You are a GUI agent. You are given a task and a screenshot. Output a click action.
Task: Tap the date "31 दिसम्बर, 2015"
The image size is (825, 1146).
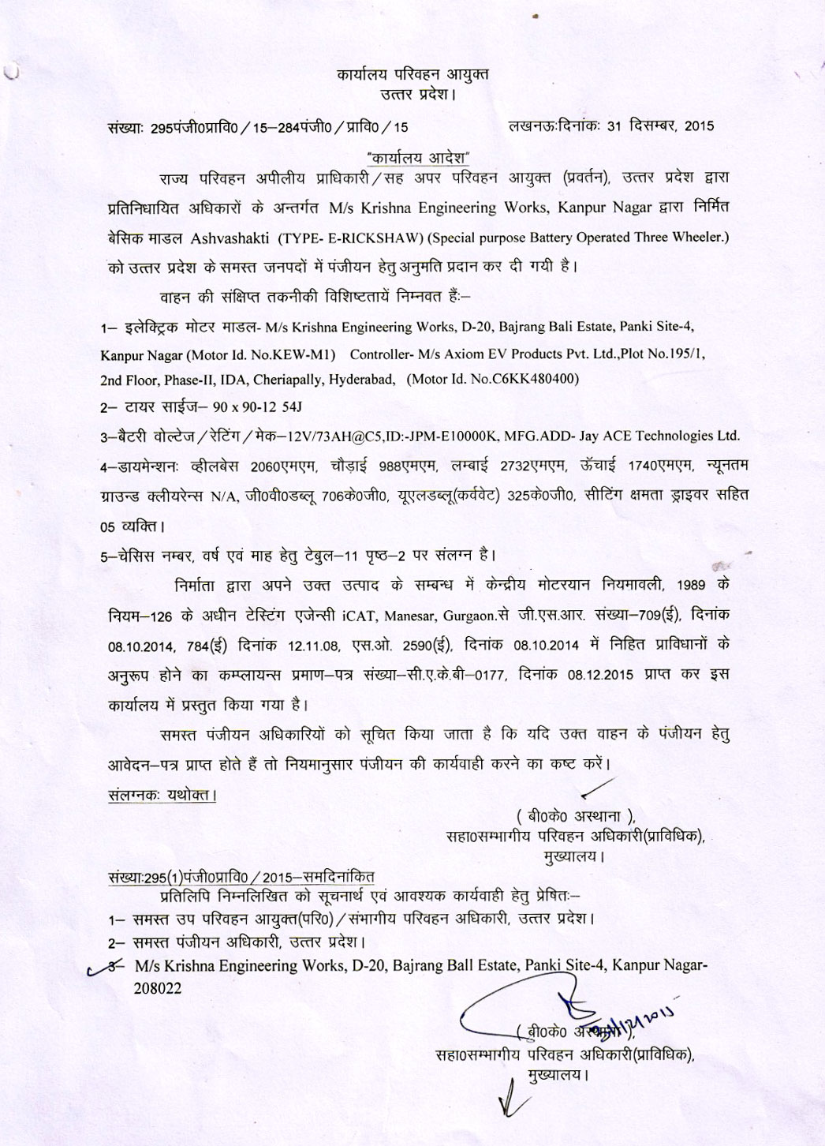click(x=660, y=125)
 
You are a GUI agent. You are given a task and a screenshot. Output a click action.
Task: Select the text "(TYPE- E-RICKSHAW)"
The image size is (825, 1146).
click(x=349, y=237)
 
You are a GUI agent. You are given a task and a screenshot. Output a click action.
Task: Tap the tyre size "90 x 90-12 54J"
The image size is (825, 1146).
click(x=252, y=407)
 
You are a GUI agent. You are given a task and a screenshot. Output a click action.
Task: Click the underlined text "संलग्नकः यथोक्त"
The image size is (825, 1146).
click(x=162, y=795)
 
